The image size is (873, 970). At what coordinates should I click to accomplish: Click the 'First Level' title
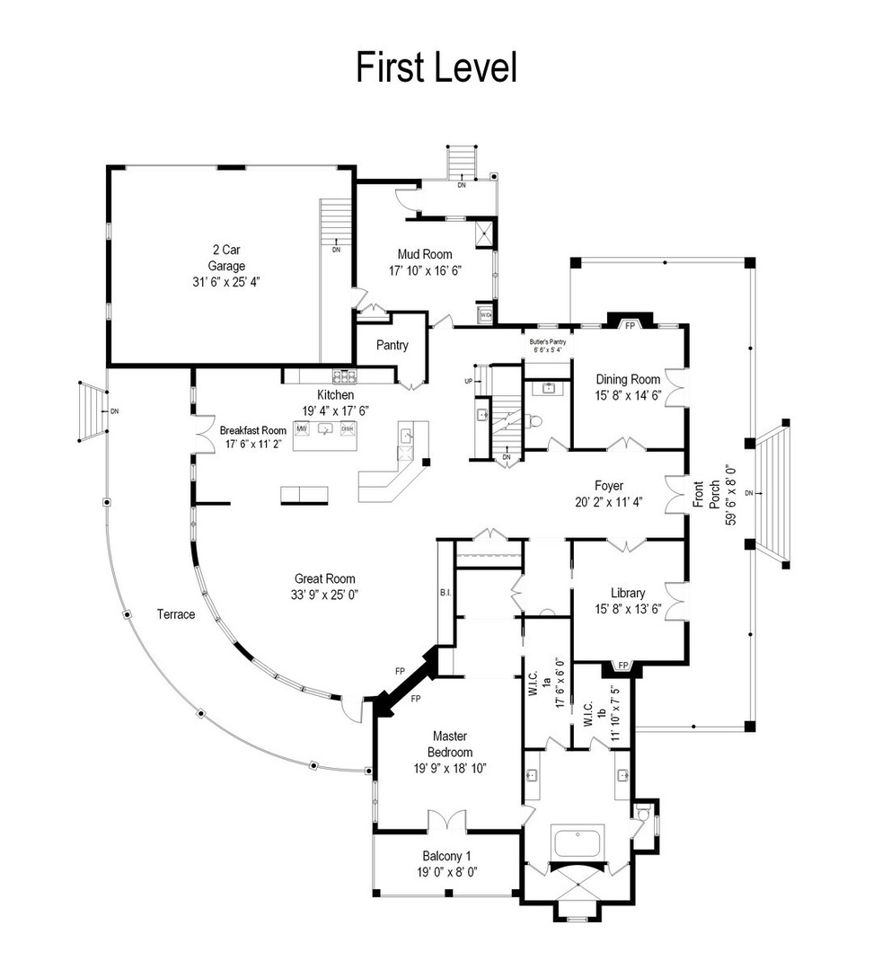tap(436, 67)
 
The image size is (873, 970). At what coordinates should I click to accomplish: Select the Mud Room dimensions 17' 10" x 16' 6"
tap(424, 270)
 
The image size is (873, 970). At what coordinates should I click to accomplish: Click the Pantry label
tap(392, 345)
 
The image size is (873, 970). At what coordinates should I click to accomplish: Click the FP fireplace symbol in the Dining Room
tap(630, 324)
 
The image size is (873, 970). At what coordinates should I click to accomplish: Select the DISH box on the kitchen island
tap(347, 429)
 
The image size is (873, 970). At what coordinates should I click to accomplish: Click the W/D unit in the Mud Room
tap(485, 315)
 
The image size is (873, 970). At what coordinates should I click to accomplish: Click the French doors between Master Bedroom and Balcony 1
tap(446, 821)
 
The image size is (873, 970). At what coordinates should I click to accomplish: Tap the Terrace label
tap(175, 614)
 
